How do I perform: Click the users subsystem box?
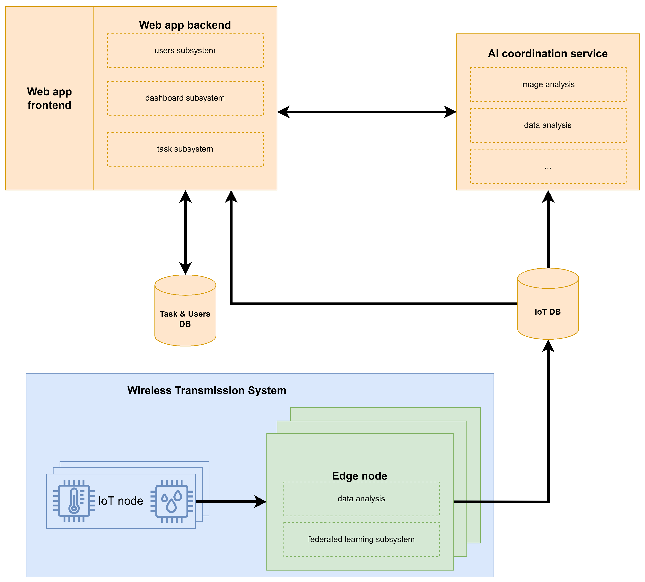185,51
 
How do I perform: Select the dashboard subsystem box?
185,98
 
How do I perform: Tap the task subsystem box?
185,149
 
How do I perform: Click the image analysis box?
548,85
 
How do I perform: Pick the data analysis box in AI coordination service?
548,125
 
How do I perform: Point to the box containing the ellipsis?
548,166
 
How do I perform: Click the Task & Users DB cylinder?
185,310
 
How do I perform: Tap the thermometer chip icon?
74,501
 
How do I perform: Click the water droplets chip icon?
172,501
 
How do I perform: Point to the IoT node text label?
120,501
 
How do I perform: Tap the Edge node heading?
360,476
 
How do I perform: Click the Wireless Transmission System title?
207,390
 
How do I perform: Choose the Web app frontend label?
50,98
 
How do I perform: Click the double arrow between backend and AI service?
367,112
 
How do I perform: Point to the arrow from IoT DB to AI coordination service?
548,229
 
